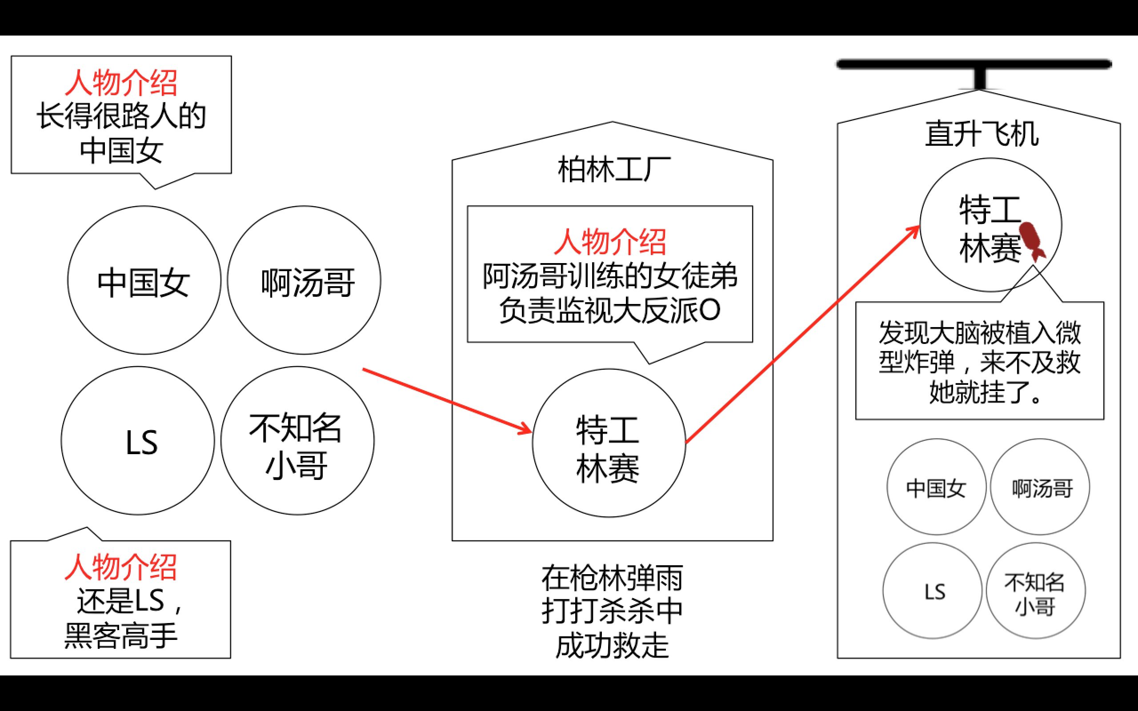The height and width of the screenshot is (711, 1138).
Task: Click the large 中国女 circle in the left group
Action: tap(144, 280)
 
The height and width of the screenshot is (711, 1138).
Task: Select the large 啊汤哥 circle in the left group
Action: tap(304, 280)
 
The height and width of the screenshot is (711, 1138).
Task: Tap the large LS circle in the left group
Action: tap(138, 441)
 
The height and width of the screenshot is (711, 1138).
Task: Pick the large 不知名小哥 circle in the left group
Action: tap(298, 441)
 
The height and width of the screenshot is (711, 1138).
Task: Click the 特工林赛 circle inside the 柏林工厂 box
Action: tap(609, 443)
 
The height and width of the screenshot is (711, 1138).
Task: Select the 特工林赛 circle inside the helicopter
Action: tap(990, 225)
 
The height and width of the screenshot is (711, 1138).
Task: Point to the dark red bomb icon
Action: tap(1032, 240)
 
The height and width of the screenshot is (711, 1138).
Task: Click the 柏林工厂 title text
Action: tap(613, 169)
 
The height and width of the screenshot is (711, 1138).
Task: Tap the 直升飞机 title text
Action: tap(982, 134)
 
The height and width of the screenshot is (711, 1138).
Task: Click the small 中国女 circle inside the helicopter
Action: tap(936, 487)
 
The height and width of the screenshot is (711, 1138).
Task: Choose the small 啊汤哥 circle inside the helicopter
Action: tap(1040, 487)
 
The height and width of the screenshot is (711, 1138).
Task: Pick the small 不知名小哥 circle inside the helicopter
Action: tap(1035, 591)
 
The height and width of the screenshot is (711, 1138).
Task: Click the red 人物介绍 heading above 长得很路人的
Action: tap(121, 83)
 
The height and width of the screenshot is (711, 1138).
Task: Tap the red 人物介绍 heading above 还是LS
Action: tap(121, 567)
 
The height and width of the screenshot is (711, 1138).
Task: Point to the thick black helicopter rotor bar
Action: tap(974, 64)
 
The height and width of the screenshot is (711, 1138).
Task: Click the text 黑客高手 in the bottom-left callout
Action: tap(121, 636)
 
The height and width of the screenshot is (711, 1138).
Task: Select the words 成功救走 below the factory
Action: tap(612, 645)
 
